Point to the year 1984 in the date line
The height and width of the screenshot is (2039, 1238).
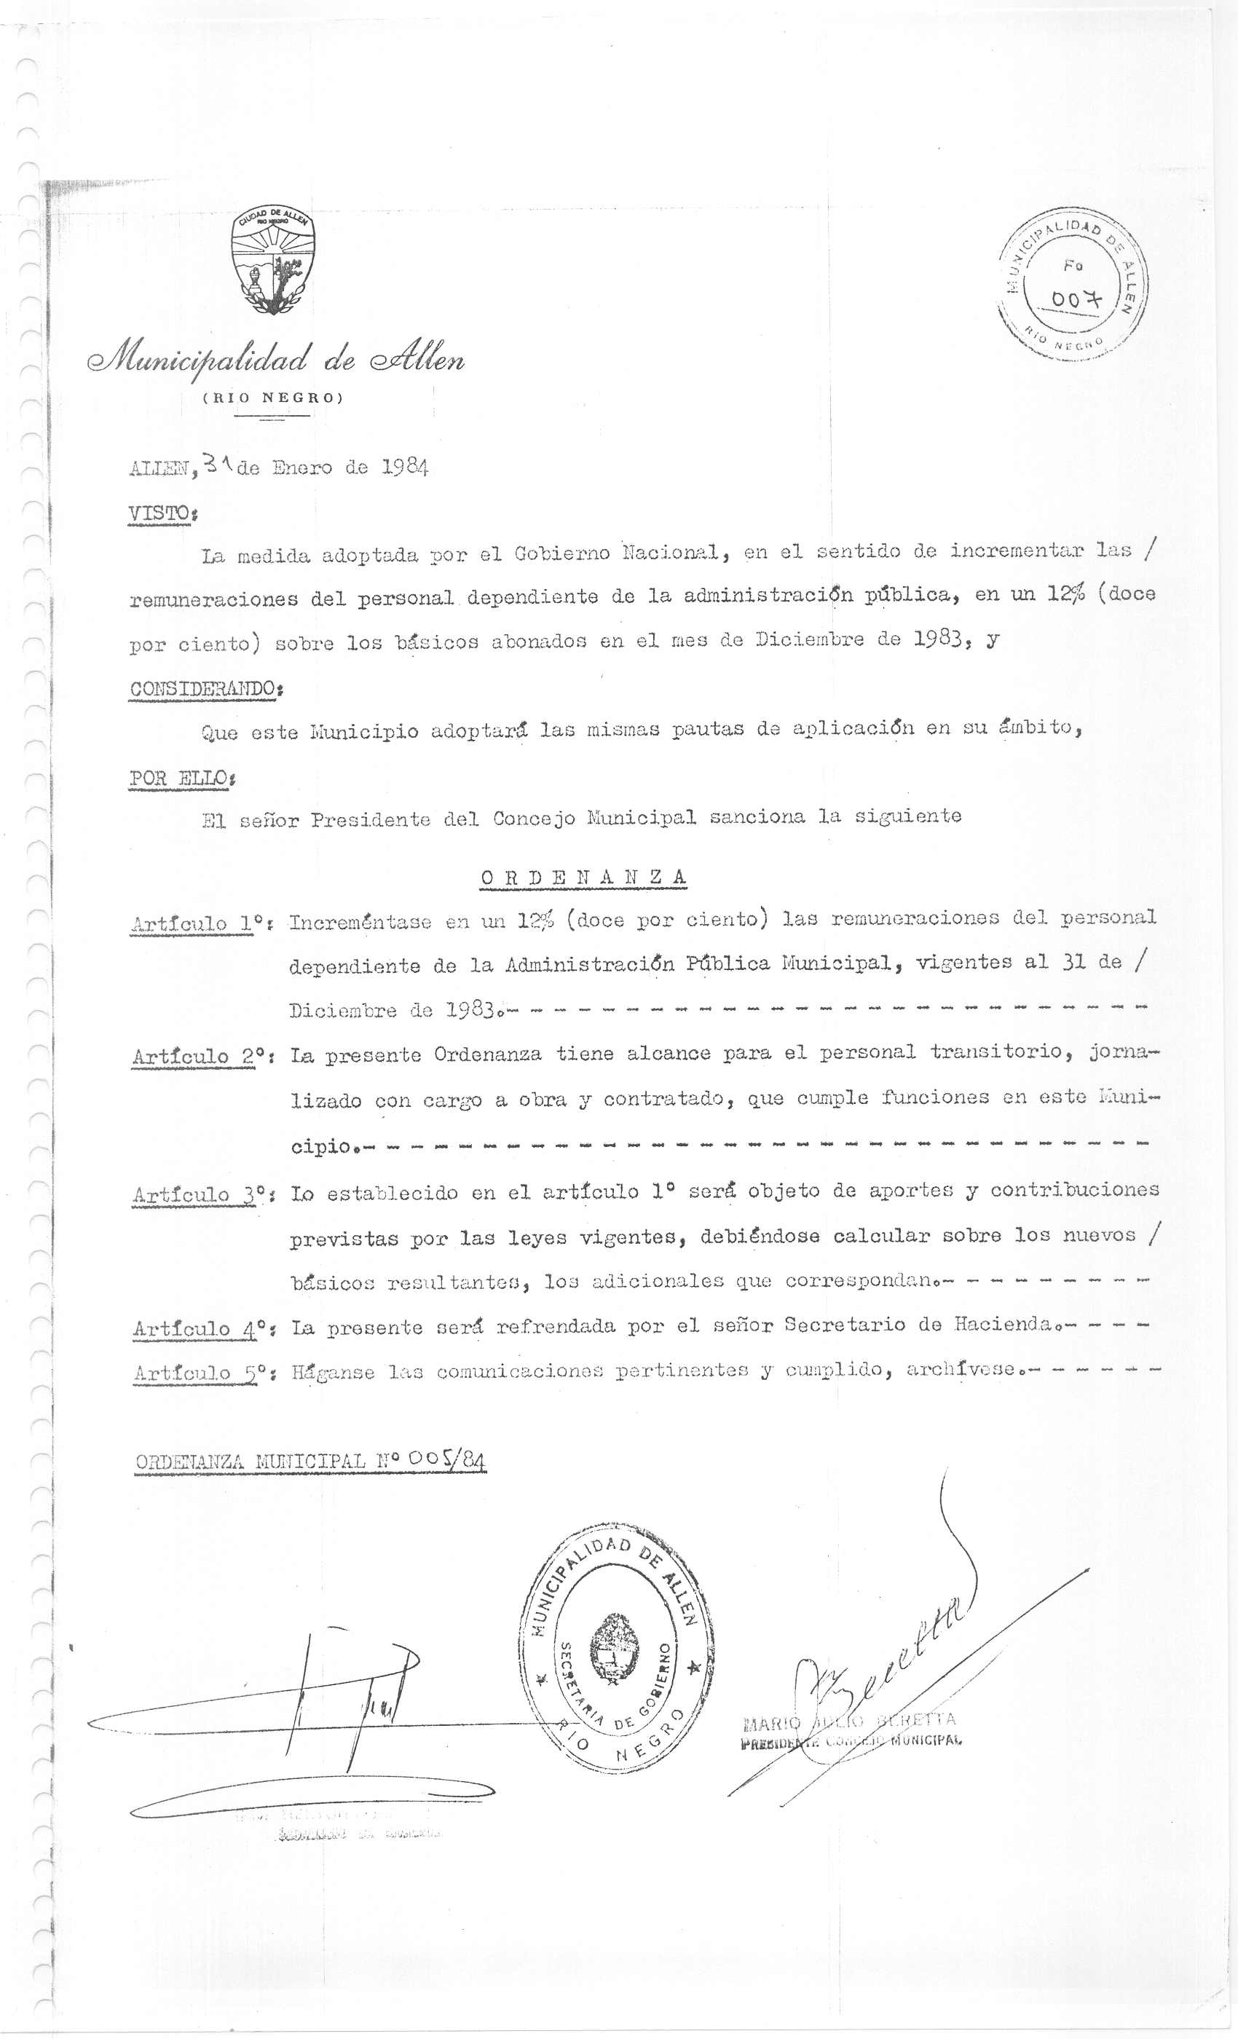405,468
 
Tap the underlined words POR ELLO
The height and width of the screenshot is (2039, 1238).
180,778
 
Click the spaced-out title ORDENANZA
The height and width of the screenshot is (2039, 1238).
583,877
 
